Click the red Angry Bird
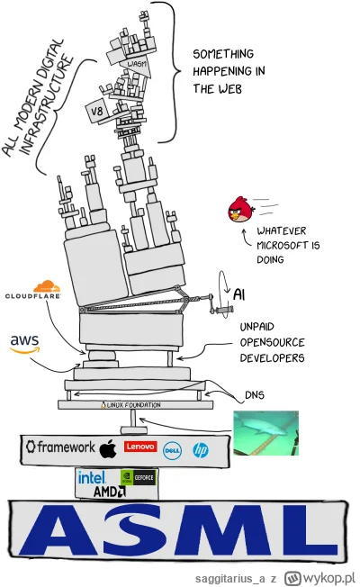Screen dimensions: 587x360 click(240, 208)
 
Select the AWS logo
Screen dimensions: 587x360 click(24, 343)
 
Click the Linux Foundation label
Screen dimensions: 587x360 click(134, 406)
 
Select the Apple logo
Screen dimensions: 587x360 click(109, 447)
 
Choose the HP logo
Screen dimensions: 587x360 click(200, 447)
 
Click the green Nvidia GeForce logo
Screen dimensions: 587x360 click(139, 479)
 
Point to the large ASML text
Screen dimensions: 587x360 click(179, 537)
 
